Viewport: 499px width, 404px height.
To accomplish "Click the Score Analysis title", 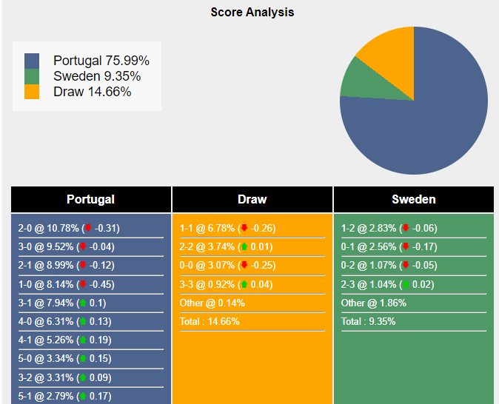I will (252, 12).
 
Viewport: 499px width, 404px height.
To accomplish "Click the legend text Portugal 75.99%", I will (101, 61).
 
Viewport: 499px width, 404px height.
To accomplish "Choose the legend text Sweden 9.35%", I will (97, 76).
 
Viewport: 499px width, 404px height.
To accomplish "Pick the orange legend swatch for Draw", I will (32, 92).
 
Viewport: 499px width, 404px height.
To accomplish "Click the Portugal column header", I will (90, 199).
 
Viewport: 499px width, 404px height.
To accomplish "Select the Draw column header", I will (252, 199).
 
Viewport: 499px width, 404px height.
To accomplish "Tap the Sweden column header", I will (414, 199).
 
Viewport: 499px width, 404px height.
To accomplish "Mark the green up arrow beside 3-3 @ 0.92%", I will (244, 284).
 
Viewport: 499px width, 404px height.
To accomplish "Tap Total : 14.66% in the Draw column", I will (210, 321).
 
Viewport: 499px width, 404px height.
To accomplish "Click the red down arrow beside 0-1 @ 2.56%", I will (405, 247).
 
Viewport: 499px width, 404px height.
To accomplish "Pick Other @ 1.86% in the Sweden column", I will (373, 303).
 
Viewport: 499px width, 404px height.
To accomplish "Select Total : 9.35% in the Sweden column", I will (368, 321).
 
